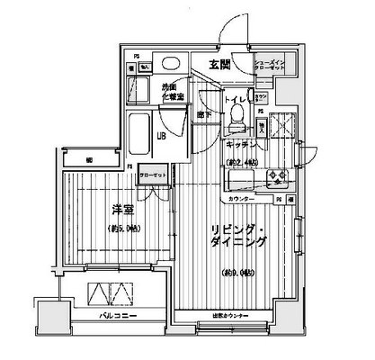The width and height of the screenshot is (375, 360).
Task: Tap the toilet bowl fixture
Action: [x=237, y=114]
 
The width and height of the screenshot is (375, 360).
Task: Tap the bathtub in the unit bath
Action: [x=138, y=133]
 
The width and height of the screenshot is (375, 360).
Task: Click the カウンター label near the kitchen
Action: [x=242, y=197]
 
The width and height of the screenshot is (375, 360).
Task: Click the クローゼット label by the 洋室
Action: [x=152, y=176]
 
